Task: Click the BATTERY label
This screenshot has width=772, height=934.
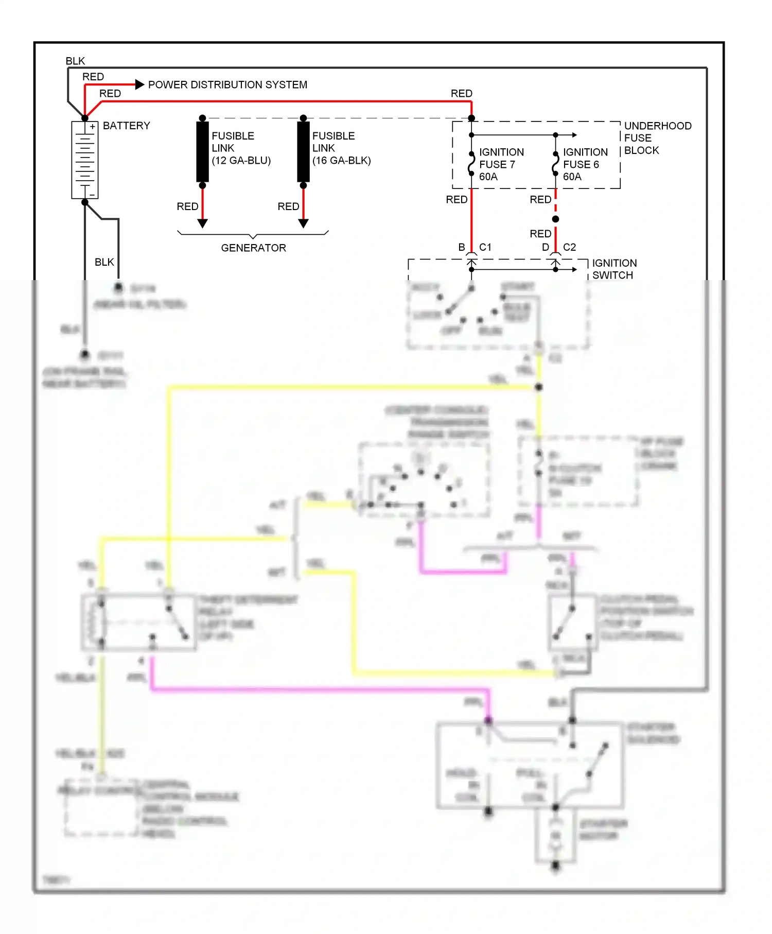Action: click(x=126, y=126)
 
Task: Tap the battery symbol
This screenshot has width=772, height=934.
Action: click(x=85, y=160)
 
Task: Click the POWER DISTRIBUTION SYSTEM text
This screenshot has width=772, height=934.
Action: click(x=227, y=84)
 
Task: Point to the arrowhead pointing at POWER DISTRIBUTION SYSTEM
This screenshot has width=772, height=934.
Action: click(x=139, y=84)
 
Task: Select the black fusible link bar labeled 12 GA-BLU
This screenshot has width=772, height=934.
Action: click(x=202, y=151)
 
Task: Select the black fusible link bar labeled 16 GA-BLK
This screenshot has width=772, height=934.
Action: click(x=303, y=151)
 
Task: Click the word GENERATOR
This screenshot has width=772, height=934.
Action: click(x=253, y=248)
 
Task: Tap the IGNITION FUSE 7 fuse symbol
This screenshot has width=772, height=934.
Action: click(x=471, y=164)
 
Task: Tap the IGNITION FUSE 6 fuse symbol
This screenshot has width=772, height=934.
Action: click(x=555, y=164)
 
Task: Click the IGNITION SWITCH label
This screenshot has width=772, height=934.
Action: click(x=614, y=269)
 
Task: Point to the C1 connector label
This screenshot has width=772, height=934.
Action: click(x=485, y=247)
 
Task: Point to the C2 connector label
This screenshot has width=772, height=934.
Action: click(x=569, y=247)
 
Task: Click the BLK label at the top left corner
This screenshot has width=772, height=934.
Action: click(x=75, y=61)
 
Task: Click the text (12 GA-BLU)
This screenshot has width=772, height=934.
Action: click(x=241, y=160)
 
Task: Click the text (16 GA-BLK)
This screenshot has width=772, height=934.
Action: click(x=341, y=160)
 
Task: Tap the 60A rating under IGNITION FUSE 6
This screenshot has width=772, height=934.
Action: click(x=572, y=177)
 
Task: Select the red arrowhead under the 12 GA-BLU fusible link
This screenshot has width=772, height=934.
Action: click(x=202, y=223)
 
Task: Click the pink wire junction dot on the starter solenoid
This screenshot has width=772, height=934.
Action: click(x=488, y=720)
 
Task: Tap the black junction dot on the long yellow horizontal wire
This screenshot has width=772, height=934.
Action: click(x=539, y=387)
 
